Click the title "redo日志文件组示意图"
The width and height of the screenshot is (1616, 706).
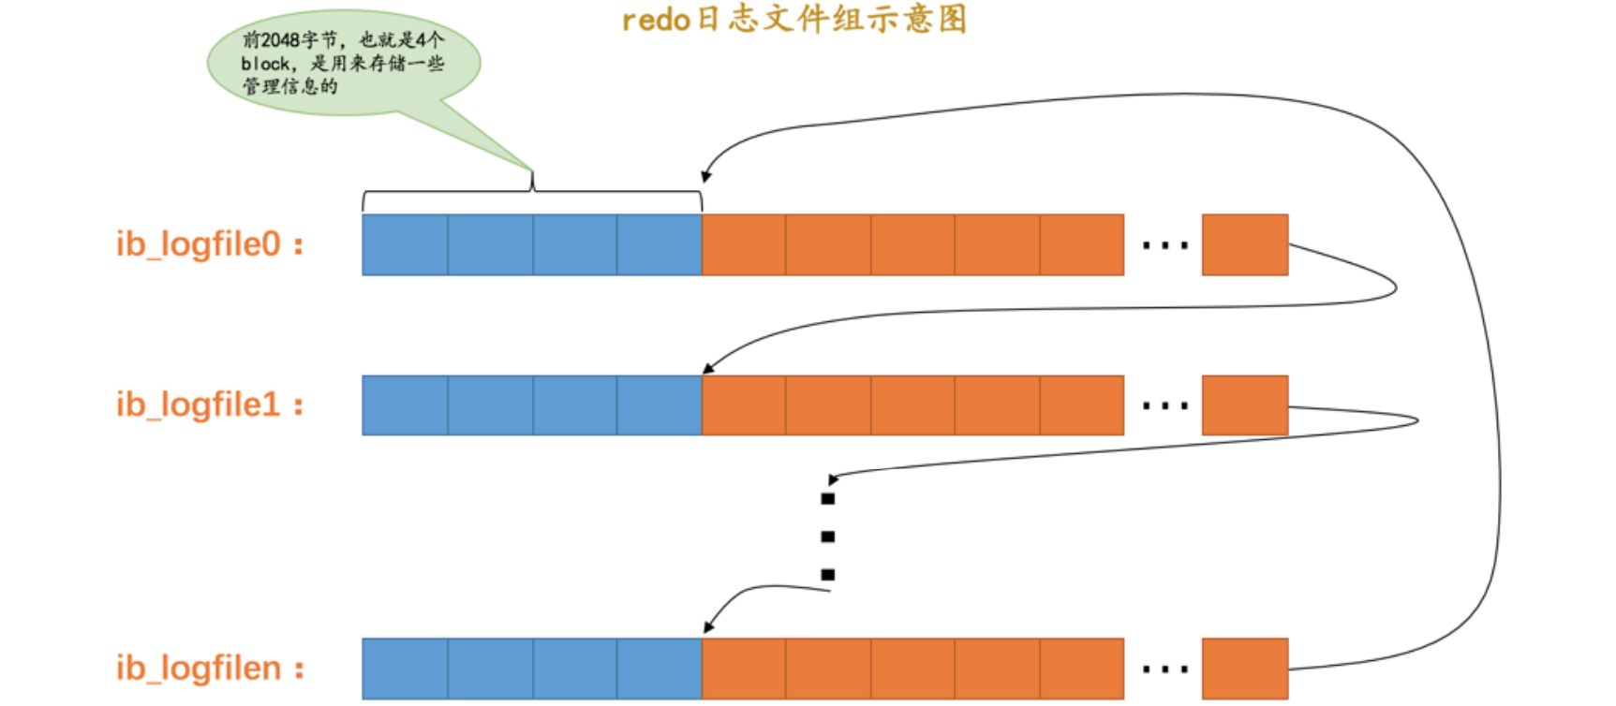coord(794,20)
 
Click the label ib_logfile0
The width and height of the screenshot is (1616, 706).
coord(209,244)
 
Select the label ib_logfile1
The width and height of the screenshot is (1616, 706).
coord(209,405)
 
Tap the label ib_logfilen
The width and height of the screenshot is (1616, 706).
coord(209,669)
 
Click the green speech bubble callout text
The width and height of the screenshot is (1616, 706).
coord(342,63)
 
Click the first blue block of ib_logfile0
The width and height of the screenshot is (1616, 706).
coord(405,244)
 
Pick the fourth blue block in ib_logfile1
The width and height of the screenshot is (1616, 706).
coord(659,405)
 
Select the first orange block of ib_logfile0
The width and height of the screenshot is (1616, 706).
coord(743,244)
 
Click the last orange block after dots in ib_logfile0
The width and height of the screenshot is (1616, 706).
coord(1244,244)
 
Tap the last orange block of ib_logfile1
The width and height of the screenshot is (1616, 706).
coord(1244,405)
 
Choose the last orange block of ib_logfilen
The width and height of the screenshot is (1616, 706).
coord(1244,669)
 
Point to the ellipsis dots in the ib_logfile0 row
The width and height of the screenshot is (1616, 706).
coord(1164,246)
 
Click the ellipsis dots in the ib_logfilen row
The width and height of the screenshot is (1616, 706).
coord(1164,669)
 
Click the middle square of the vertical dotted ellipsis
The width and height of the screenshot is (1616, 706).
coord(827,537)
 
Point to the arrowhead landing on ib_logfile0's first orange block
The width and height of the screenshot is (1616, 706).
coord(705,176)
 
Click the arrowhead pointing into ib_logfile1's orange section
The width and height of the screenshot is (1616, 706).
coord(708,369)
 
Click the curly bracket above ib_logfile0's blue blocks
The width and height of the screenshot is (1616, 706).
coord(532,190)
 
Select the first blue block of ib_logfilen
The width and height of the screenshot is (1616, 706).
coord(405,669)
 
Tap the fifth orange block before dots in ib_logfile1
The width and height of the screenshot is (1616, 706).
coord(1081,405)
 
